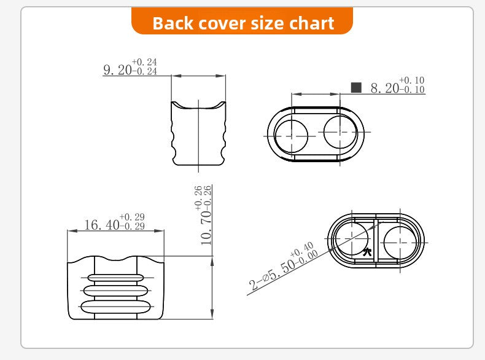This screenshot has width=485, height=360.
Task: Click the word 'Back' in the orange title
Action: pos(173,23)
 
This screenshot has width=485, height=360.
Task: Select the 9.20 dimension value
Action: pos(117,70)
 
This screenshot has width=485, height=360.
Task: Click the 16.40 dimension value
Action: pos(102,225)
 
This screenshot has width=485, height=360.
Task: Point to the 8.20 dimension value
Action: pos(385,88)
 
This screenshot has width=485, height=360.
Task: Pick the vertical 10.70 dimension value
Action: pos(206,228)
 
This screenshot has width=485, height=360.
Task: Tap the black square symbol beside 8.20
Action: pos(356,88)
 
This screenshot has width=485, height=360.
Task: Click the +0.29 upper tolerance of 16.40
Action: pos(132,217)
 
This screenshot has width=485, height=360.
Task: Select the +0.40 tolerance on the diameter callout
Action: pos(302,249)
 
